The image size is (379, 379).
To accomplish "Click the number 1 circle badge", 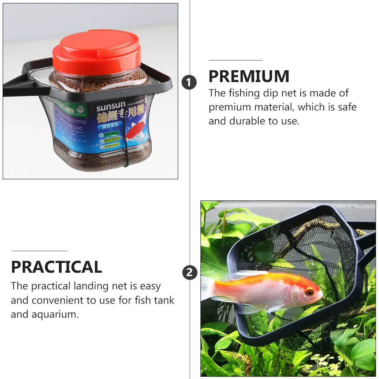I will [189, 82].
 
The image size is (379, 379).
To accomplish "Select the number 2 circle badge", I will [189, 272].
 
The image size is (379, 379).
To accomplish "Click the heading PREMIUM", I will [249, 77].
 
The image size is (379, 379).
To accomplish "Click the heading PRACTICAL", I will [57, 267].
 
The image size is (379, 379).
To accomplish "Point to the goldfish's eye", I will [309, 292].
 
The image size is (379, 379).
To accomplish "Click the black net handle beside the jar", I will [15, 88].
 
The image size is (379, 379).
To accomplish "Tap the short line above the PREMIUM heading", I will [235, 60].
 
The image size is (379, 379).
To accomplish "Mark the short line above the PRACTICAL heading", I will [39, 251].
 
